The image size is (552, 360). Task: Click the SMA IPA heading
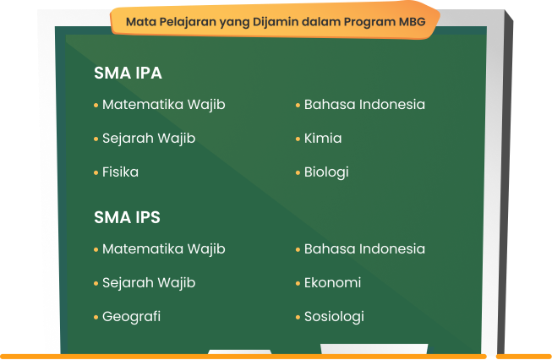coord(128,74)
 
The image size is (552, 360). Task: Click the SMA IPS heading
coord(127,217)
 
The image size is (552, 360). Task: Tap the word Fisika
coord(120,172)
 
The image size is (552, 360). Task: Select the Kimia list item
coord(323,139)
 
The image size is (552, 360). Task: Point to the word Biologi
coord(326,172)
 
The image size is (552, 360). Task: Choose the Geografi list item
coord(131,317)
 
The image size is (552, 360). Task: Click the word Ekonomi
coord(333,282)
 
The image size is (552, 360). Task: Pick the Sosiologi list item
coord(334,317)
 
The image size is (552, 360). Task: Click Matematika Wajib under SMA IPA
coord(164,106)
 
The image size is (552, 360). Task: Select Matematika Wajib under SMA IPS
coord(164,249)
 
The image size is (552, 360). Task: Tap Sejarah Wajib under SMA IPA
coord(149,139)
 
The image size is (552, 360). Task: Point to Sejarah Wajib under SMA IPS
coord(149,283)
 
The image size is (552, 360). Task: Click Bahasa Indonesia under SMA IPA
coord(364,105)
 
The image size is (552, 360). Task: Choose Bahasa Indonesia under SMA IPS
coord(364,248)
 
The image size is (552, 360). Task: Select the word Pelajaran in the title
coord(188,23)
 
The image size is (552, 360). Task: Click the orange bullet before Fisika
coord(96,172)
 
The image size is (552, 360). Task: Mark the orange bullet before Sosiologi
coord(298,317)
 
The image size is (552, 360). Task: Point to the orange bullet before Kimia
coord(298,139)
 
